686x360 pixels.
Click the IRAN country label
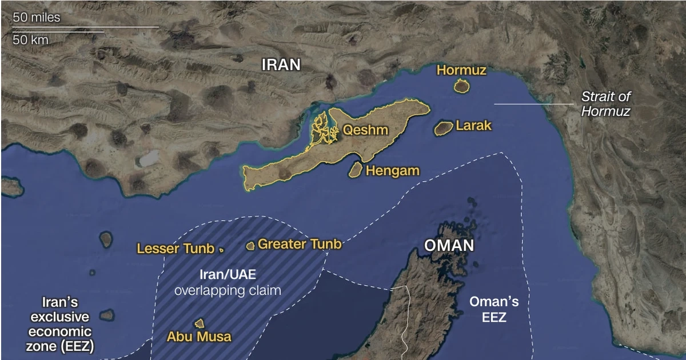(281, 65)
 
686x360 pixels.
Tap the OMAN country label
(449, 246)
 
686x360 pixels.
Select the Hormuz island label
(461, 70)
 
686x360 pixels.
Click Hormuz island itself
(461, 86)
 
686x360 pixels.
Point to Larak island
(443, 128)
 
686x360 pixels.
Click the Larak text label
(473, 126)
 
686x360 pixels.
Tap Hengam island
(355, 169)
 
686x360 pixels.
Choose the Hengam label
(393, 170)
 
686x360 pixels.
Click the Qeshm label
(365, 130)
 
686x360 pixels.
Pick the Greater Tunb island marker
(250, 246)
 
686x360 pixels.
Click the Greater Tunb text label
(300, 245)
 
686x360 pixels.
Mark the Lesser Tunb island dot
(221, 250)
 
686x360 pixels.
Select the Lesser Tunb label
(176, 249)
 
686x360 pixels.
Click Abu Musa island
(199, 323)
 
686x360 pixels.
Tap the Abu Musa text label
(199, 337)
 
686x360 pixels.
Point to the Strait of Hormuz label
(605, 104)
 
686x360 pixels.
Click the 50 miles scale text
(37, 18)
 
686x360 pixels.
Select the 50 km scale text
(31, 40)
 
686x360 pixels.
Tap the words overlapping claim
(228, 290)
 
